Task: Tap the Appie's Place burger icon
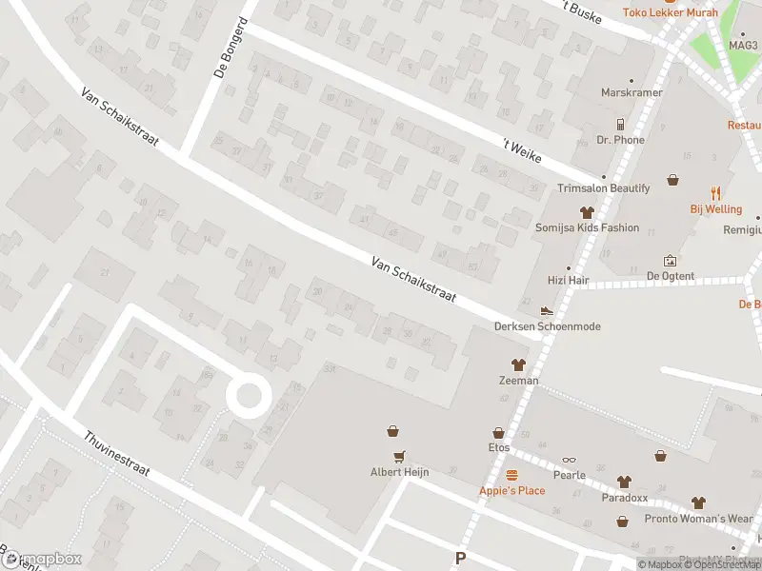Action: click(x=511, y=475)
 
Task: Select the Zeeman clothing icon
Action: click(x=518, y=364)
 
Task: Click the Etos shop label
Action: click(x=498, y=447)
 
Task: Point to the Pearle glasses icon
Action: click(x=569, y=460)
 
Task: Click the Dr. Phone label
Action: click(x=620, y=140)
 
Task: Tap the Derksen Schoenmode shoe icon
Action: click(x=547, y=310)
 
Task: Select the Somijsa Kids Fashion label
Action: click(x=587, y=228)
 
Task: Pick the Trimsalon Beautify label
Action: click(x=604, y=188)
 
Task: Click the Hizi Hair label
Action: click(x=569, y=281)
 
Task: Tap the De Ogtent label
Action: click(x=670, y=276)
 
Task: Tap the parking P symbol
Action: click(x=461, y=559)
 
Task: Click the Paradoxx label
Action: click(x=624, y=497)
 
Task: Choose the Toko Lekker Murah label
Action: click(x=670, y=12)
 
